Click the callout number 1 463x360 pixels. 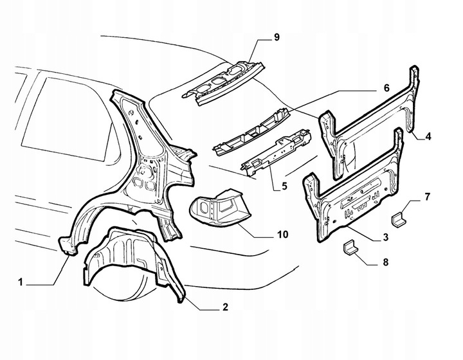[x=21, y=282]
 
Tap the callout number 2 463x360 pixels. [x=225, y=307]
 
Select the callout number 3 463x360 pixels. [x=385, y=237]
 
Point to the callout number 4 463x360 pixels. [x=428, y=136]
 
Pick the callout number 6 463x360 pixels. [x=387, y=87]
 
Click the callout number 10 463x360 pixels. [x=282, y=235]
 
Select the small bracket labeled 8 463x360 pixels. [x=352, y=248]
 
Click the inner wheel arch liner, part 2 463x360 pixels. [x=129, y=257]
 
